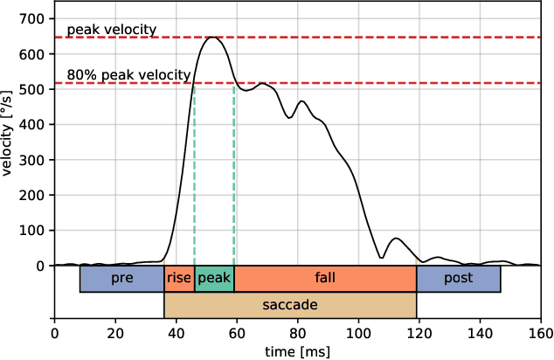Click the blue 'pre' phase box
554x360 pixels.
[x=122, y=278]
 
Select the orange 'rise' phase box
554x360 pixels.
[x=179, y=278]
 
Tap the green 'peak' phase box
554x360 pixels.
[x=214, y=278]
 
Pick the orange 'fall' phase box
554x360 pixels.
[x=325, y=278]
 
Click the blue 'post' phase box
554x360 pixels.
[x=458, y=278]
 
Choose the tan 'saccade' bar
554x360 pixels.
[x=290, y=305]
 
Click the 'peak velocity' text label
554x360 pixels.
[x=111, y=30]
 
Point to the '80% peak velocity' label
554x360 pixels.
[x=128, y=75]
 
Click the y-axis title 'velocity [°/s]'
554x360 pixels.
[x=8, y=133]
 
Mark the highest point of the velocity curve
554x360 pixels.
[x=212, y=38]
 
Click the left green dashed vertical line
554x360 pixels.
[x=194, y=175]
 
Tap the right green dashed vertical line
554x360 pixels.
[x=234, y=175]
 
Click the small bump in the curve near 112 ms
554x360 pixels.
[x=396, y=239]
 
